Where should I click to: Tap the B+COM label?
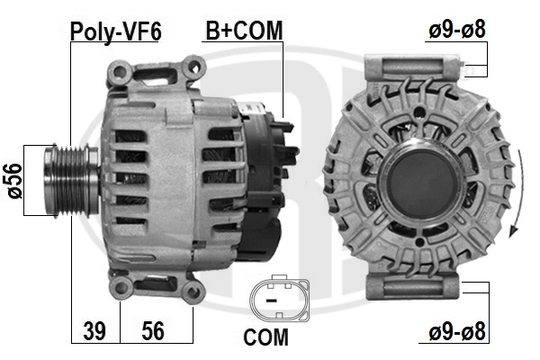(243, 31)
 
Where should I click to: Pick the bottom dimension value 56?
(153, 330)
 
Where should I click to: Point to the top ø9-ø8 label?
(456, 30)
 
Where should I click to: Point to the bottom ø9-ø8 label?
(456, 330)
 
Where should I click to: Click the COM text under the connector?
(265, 338)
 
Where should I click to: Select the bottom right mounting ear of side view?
(191, 291)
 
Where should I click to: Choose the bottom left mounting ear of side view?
(120, 286)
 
